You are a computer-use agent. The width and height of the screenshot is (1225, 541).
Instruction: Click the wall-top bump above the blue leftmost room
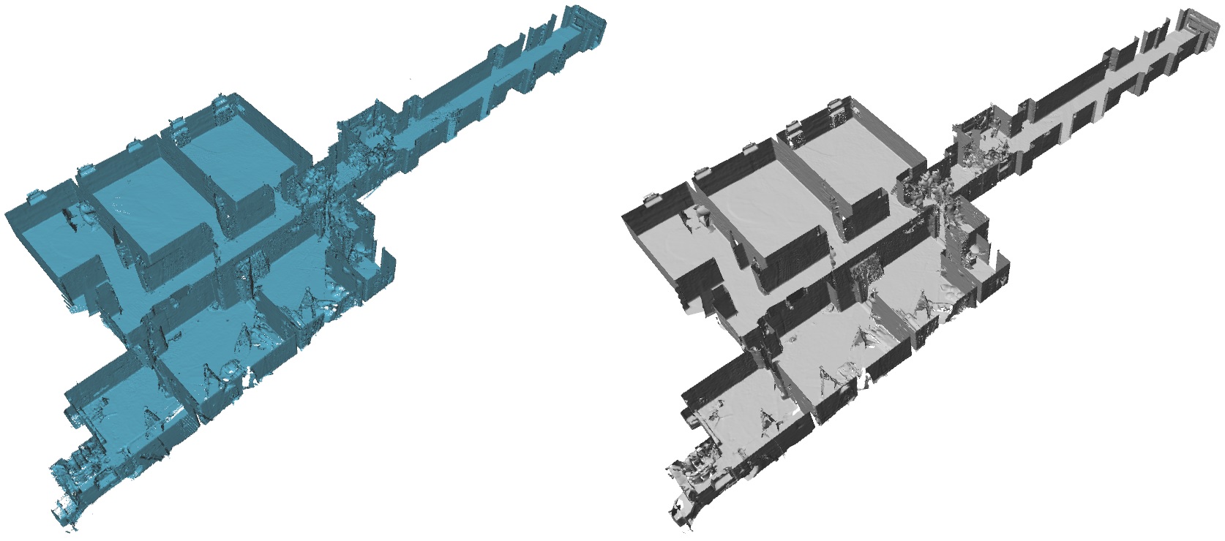(x=34, y=197)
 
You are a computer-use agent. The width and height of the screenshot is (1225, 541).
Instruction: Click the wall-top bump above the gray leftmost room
(x=650, y=197)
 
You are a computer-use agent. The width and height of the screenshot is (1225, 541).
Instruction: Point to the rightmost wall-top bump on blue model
(x=220, y=105)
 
